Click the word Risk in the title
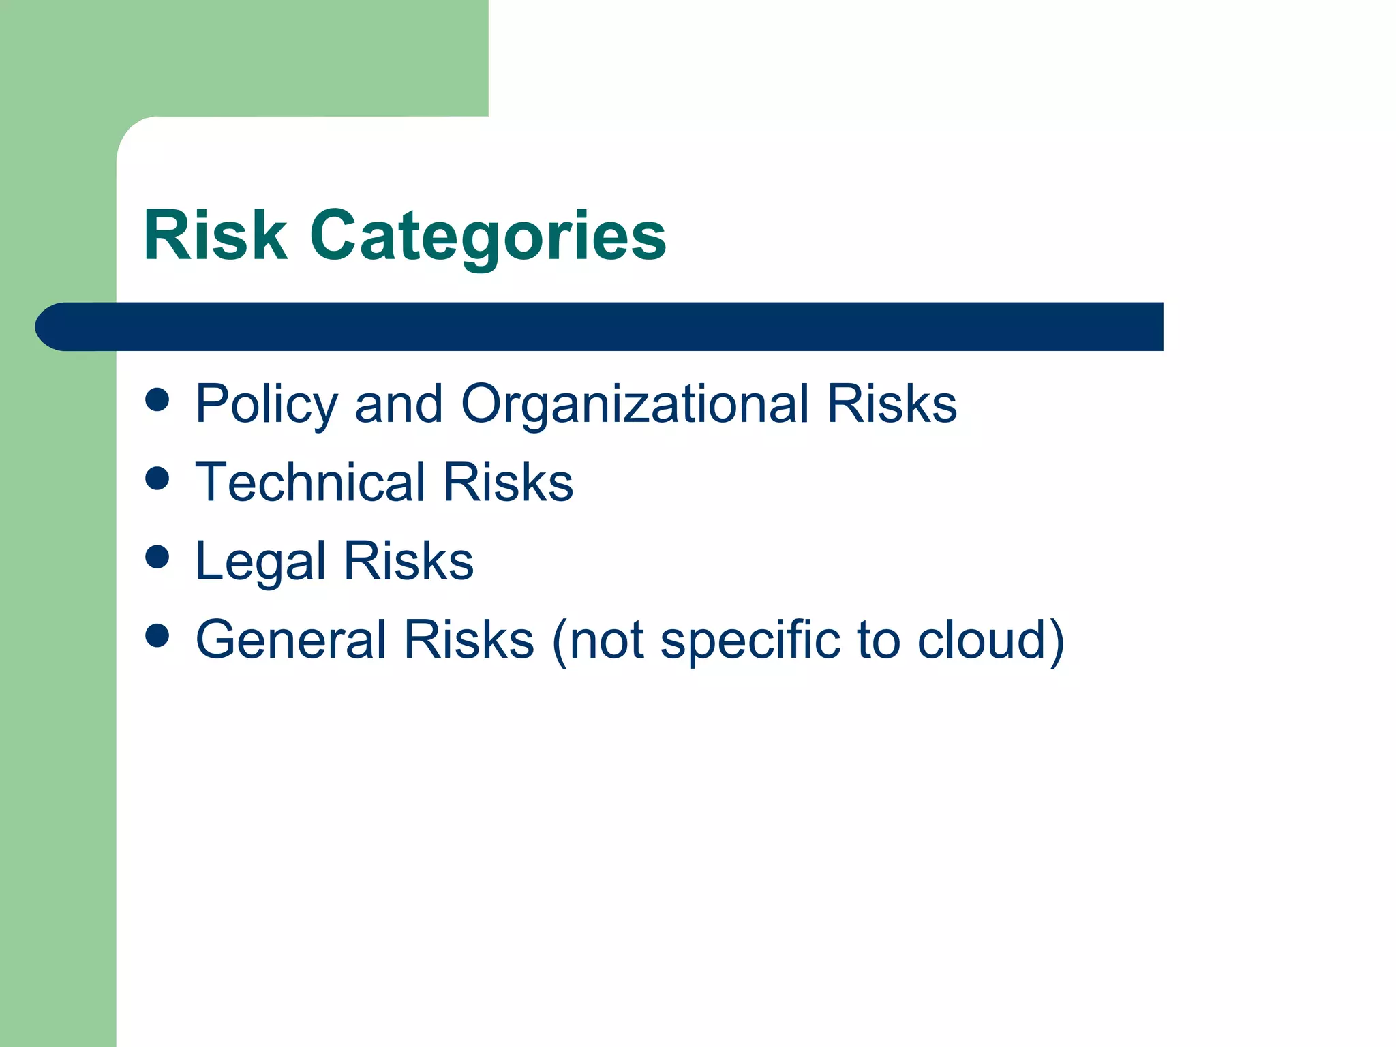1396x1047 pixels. [215, 235]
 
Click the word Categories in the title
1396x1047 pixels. [488, 237]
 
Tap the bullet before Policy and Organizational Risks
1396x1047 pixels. [157, 400]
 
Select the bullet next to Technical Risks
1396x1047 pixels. [157, 479]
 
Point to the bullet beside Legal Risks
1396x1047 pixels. [157, 557]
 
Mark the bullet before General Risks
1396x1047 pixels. [157, 635]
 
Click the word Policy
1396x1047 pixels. [267, 405]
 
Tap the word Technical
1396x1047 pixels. [311, 483]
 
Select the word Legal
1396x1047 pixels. [260, 562]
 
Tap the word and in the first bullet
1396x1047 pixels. [399, 404]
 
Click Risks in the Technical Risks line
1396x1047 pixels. [509, 483]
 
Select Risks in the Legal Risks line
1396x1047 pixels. [408, 561]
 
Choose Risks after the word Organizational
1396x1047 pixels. [892, 404]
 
